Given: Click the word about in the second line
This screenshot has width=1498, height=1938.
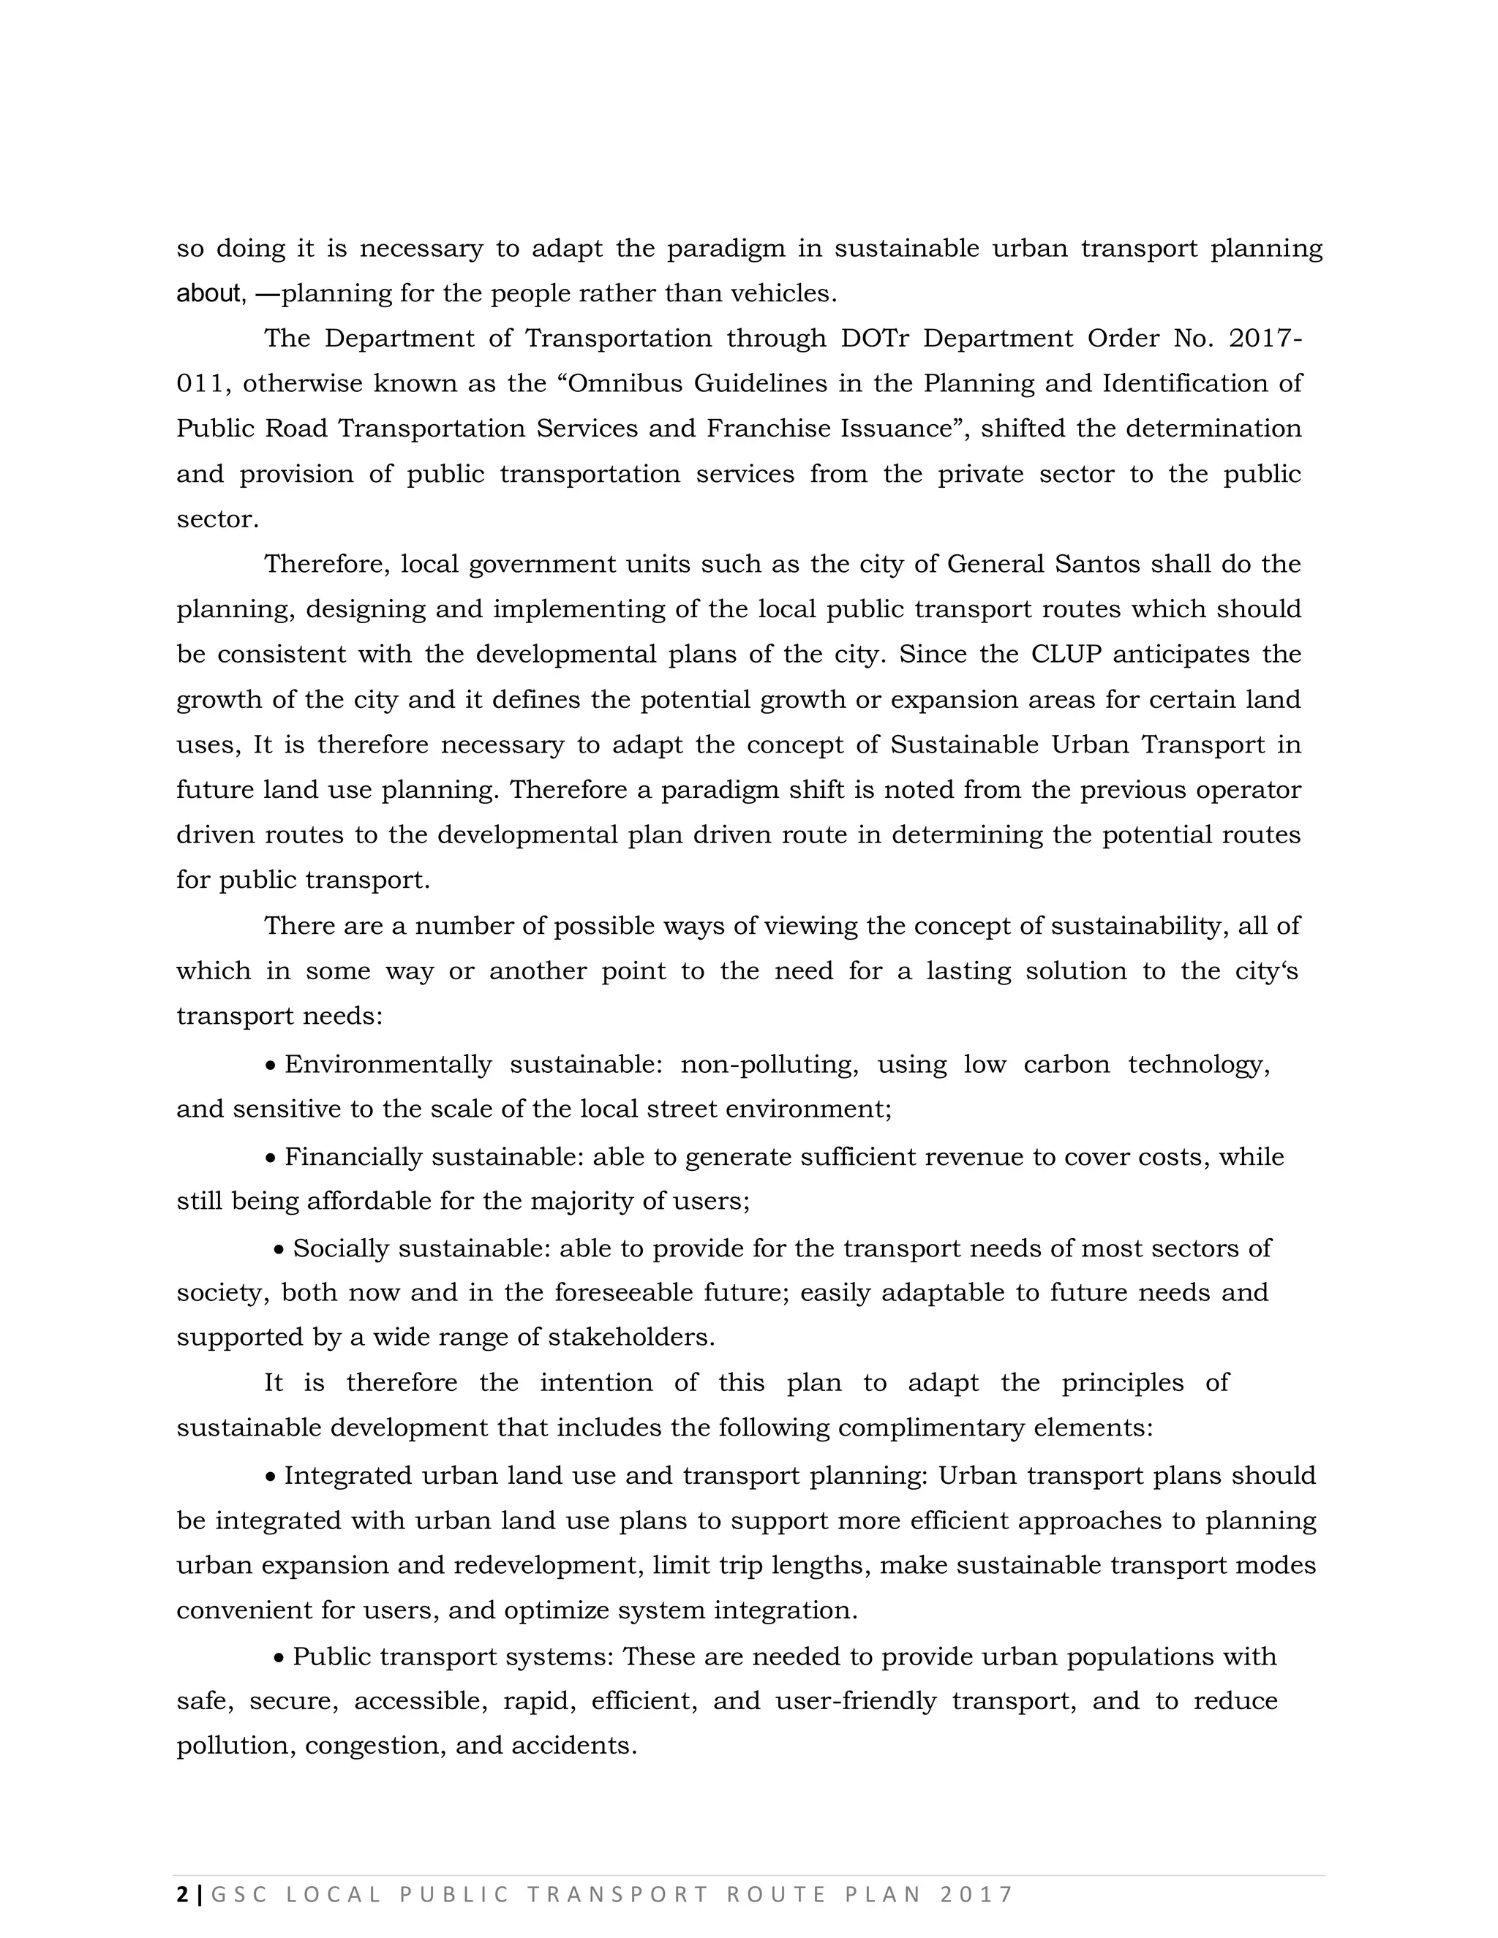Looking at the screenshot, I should (209, 294).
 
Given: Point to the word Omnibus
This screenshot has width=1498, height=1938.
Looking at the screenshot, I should (621, 384).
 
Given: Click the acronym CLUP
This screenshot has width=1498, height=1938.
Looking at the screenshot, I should (1066, 655).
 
